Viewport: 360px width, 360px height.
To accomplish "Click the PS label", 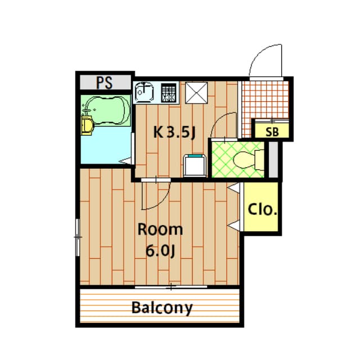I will click(104, 83).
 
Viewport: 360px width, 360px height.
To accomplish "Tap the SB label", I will click(272, 132).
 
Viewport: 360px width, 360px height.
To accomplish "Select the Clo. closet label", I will click(262, 210).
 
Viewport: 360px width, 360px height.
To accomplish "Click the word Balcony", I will click(162, 308).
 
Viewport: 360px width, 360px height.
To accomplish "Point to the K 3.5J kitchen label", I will click(174, 133).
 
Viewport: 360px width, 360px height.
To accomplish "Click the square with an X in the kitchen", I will click(197, 92).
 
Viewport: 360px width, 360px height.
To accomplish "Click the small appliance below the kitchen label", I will click(195, 165).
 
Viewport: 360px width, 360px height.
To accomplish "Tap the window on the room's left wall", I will click(78, 237).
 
